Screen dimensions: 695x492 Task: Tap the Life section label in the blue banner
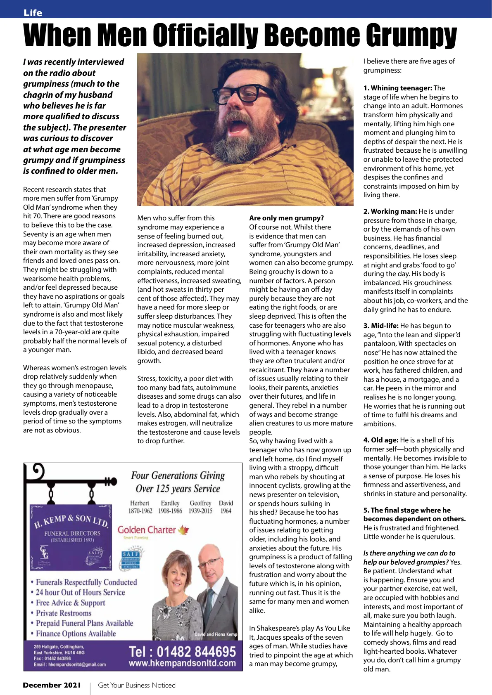tap(33, 13)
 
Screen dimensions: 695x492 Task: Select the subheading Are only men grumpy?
tap(286, 218)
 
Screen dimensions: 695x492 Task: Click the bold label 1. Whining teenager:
tap(397, 88)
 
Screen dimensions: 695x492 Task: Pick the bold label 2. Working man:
tap(390, 211)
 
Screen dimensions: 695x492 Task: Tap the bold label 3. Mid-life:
tap(381, 326)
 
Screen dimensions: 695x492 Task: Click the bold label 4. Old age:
tap(380, 440)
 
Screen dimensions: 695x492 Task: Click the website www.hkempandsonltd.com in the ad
tap(182, 664)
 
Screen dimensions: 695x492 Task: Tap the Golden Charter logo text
tap(147, 530)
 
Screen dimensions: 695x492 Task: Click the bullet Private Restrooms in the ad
tap(63, 613)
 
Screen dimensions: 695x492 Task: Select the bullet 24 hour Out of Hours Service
tap(80, 592)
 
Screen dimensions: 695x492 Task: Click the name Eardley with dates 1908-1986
tap(170, 507)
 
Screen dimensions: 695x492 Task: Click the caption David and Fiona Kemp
tap(216, 634)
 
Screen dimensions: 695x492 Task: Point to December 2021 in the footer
tap(52, 685)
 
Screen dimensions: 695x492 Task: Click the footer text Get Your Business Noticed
tap(137, 685)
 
